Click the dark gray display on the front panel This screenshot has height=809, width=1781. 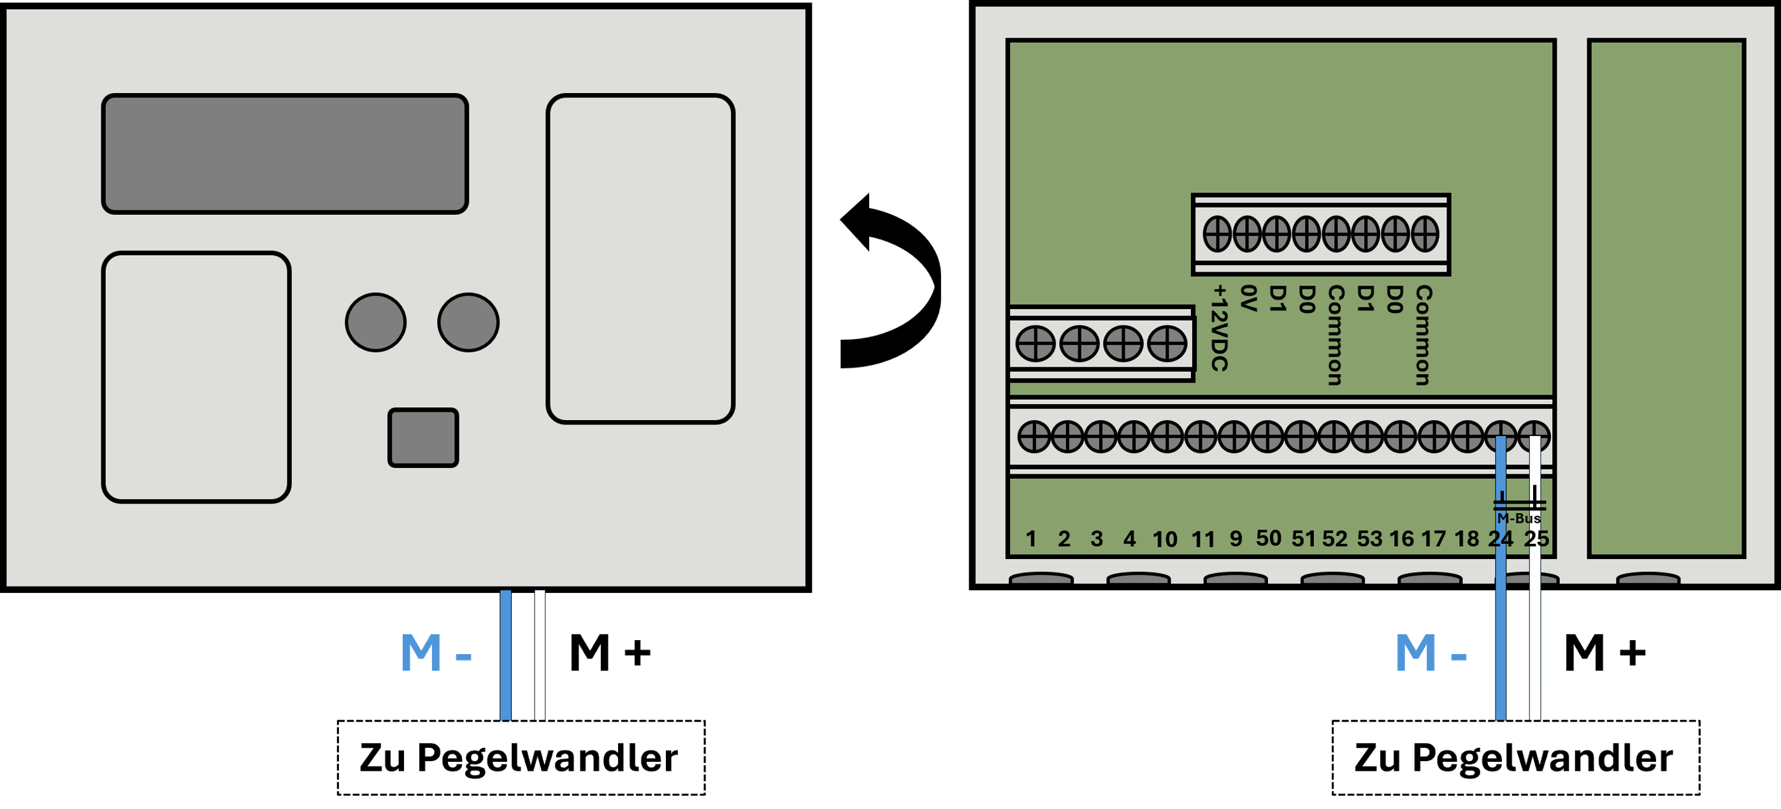[285, 154]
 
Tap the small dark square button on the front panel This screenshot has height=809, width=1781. [423, 438]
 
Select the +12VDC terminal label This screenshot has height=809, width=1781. [1220, 328]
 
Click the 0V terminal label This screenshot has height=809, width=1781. [1248, 298]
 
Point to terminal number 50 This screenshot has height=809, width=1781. [1269, 538]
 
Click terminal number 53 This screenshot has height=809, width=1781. [1369, 539]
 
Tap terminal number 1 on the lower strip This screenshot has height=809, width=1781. [1031, 539]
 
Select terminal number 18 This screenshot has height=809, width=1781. [1466, 539]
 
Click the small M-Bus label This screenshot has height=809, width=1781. [1518, 518]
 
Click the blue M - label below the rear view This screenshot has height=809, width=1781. [1431, 653]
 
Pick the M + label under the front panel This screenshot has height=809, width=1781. [610, 653]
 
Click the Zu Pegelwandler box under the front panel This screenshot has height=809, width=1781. [521, 758]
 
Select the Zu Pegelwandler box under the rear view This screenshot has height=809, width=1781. [1516, 758]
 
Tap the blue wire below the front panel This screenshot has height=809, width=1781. [506, 655]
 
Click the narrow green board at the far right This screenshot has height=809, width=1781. [1666, 298]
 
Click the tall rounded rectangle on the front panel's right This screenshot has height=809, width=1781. [640, 259]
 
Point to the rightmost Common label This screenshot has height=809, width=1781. [1422, 335]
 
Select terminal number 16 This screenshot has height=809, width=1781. [1401, 539]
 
